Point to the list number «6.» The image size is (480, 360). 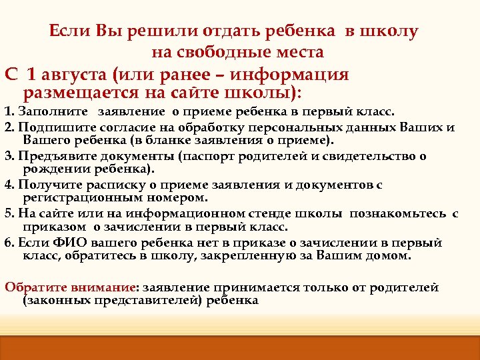click(x=9, y=243)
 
